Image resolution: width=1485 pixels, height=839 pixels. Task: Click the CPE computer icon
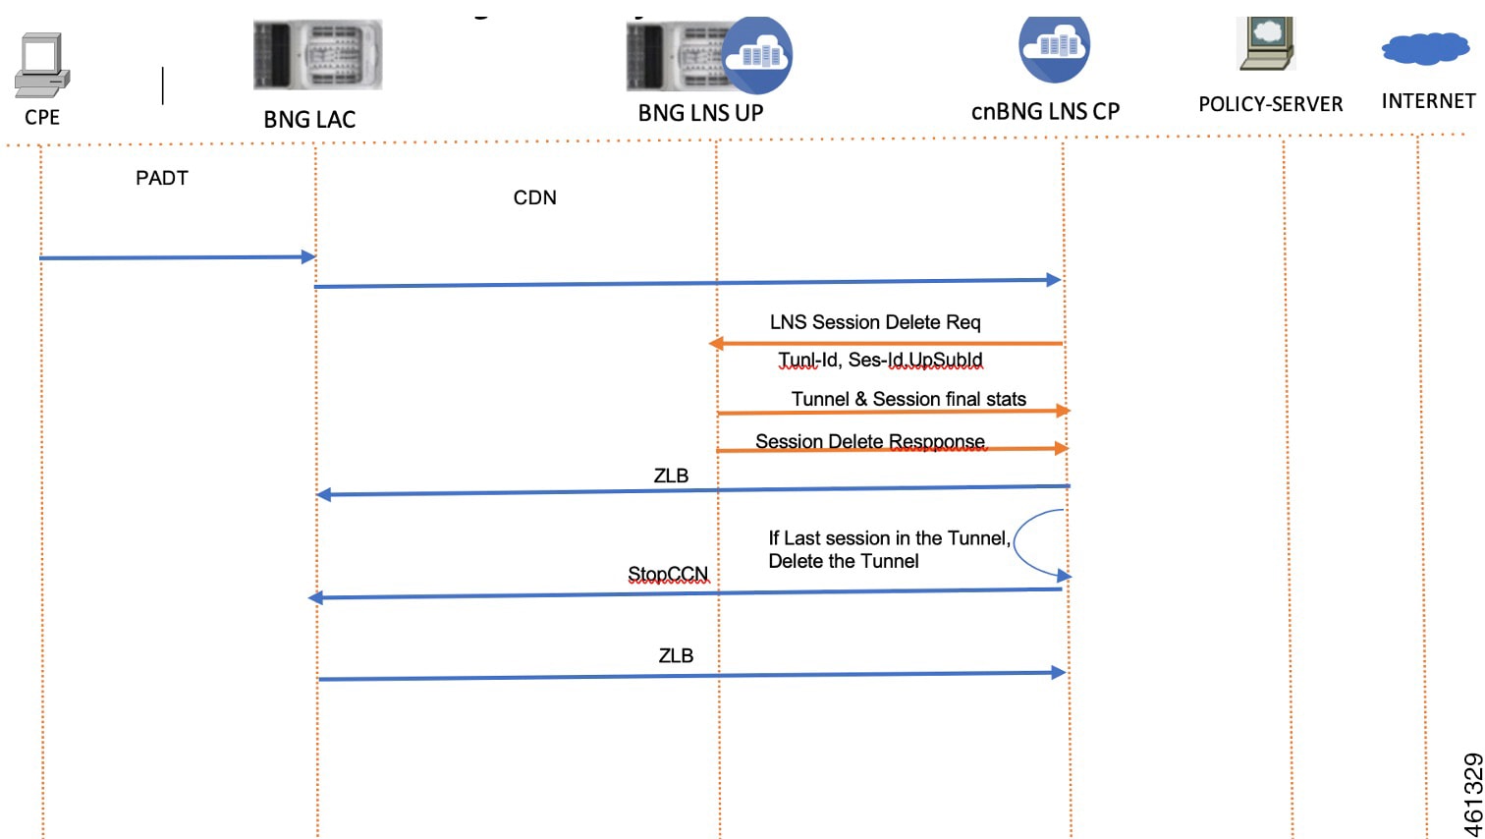(42, 65)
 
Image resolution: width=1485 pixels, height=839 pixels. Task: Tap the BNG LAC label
(309, 120)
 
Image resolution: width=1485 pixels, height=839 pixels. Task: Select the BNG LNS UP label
(700, 113)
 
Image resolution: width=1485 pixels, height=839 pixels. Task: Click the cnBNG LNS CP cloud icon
(1054, 47)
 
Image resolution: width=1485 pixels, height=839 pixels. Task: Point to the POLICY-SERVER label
(1270, 104)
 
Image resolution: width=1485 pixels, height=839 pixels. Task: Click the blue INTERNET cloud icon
(1425, 48)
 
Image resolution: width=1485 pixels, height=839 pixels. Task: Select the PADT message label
(162, 178)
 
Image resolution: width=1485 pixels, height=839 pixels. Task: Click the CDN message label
(534, 197)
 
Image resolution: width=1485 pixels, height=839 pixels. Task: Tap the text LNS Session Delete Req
(875, 322)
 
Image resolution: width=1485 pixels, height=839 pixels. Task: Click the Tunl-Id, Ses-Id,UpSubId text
(880, 360)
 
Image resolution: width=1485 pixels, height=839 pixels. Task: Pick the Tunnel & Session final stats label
(908, 399)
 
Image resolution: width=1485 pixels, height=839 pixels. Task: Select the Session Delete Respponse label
(870, 441)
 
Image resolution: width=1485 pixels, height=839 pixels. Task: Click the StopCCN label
(668, 574)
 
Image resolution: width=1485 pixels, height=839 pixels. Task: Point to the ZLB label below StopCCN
(676, 655)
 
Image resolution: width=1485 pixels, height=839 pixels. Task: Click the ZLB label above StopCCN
(671, 475)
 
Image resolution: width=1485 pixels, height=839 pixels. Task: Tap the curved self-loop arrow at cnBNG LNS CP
(1021, 543)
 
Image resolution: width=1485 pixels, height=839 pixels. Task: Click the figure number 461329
(1472, 794)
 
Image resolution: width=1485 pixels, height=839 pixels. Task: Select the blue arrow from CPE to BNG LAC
(177, 257)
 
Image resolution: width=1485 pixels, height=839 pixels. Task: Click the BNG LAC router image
(317, 55)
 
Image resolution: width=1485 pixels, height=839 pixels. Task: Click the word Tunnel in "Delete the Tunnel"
(890, 561)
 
